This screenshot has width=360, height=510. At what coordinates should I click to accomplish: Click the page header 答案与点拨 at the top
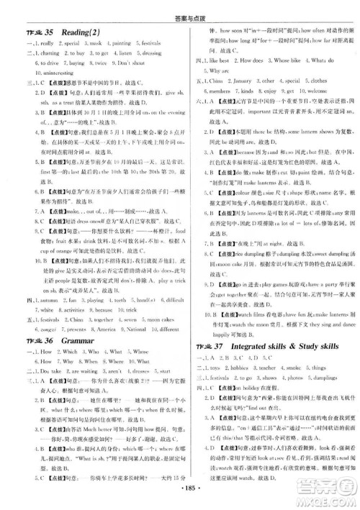coord(180,6)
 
